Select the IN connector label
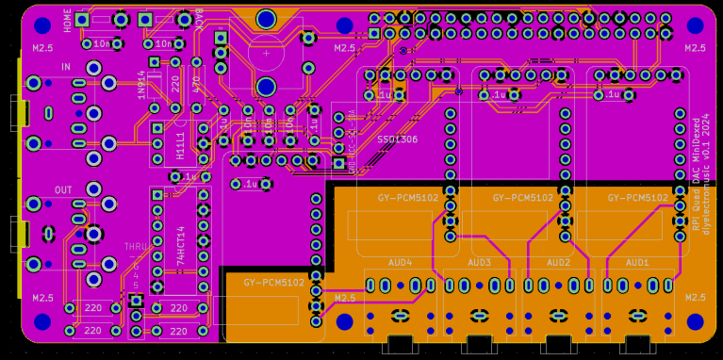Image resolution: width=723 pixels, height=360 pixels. click(66, 68)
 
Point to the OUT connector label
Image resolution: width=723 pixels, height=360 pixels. click(63, 190)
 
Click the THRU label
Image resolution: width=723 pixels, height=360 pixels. click(138, 247)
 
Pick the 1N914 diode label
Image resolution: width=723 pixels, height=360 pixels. click(142, 85)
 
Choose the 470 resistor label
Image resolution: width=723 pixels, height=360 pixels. click(196, 85)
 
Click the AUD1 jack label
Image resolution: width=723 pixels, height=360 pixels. click(637, 262)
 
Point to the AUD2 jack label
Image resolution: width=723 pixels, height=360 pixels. click(558, 262)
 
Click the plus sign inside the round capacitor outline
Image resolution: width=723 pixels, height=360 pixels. click(267, 54)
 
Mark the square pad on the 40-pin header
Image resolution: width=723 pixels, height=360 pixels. click(374, 34)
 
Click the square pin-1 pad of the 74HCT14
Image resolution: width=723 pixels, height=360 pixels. click(157, 195)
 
